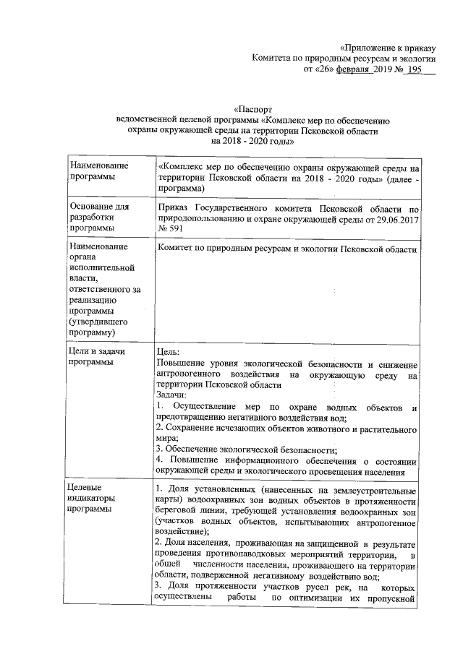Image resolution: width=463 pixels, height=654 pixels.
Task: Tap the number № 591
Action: (169, 228)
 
